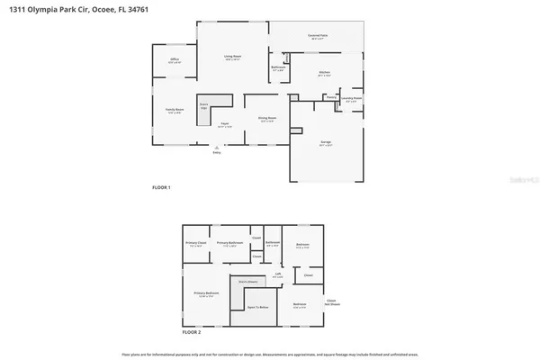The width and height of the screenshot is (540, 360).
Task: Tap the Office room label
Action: click(175, 59)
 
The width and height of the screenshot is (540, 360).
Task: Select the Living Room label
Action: click(232, 57)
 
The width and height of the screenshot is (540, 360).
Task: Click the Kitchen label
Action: click(324, 74)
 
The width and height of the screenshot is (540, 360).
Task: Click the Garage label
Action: click(328, 142)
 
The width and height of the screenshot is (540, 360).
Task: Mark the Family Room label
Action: click(174, 111)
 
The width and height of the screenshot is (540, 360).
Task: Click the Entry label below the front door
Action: click(216, 152)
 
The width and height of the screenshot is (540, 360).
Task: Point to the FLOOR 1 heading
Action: click(161, 186)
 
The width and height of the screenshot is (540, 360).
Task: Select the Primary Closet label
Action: click(195, 243)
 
